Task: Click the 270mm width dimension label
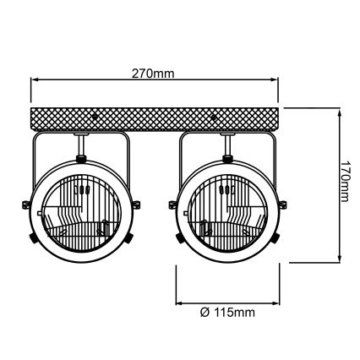(x=153, y=74)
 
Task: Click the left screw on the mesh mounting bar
(x=95, y=116)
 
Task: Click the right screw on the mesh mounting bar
(x=214, y=117)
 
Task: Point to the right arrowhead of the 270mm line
(x=275, y=80)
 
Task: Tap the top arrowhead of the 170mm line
(x=341, y=112)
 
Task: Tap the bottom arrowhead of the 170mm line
(x=341, y=259)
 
